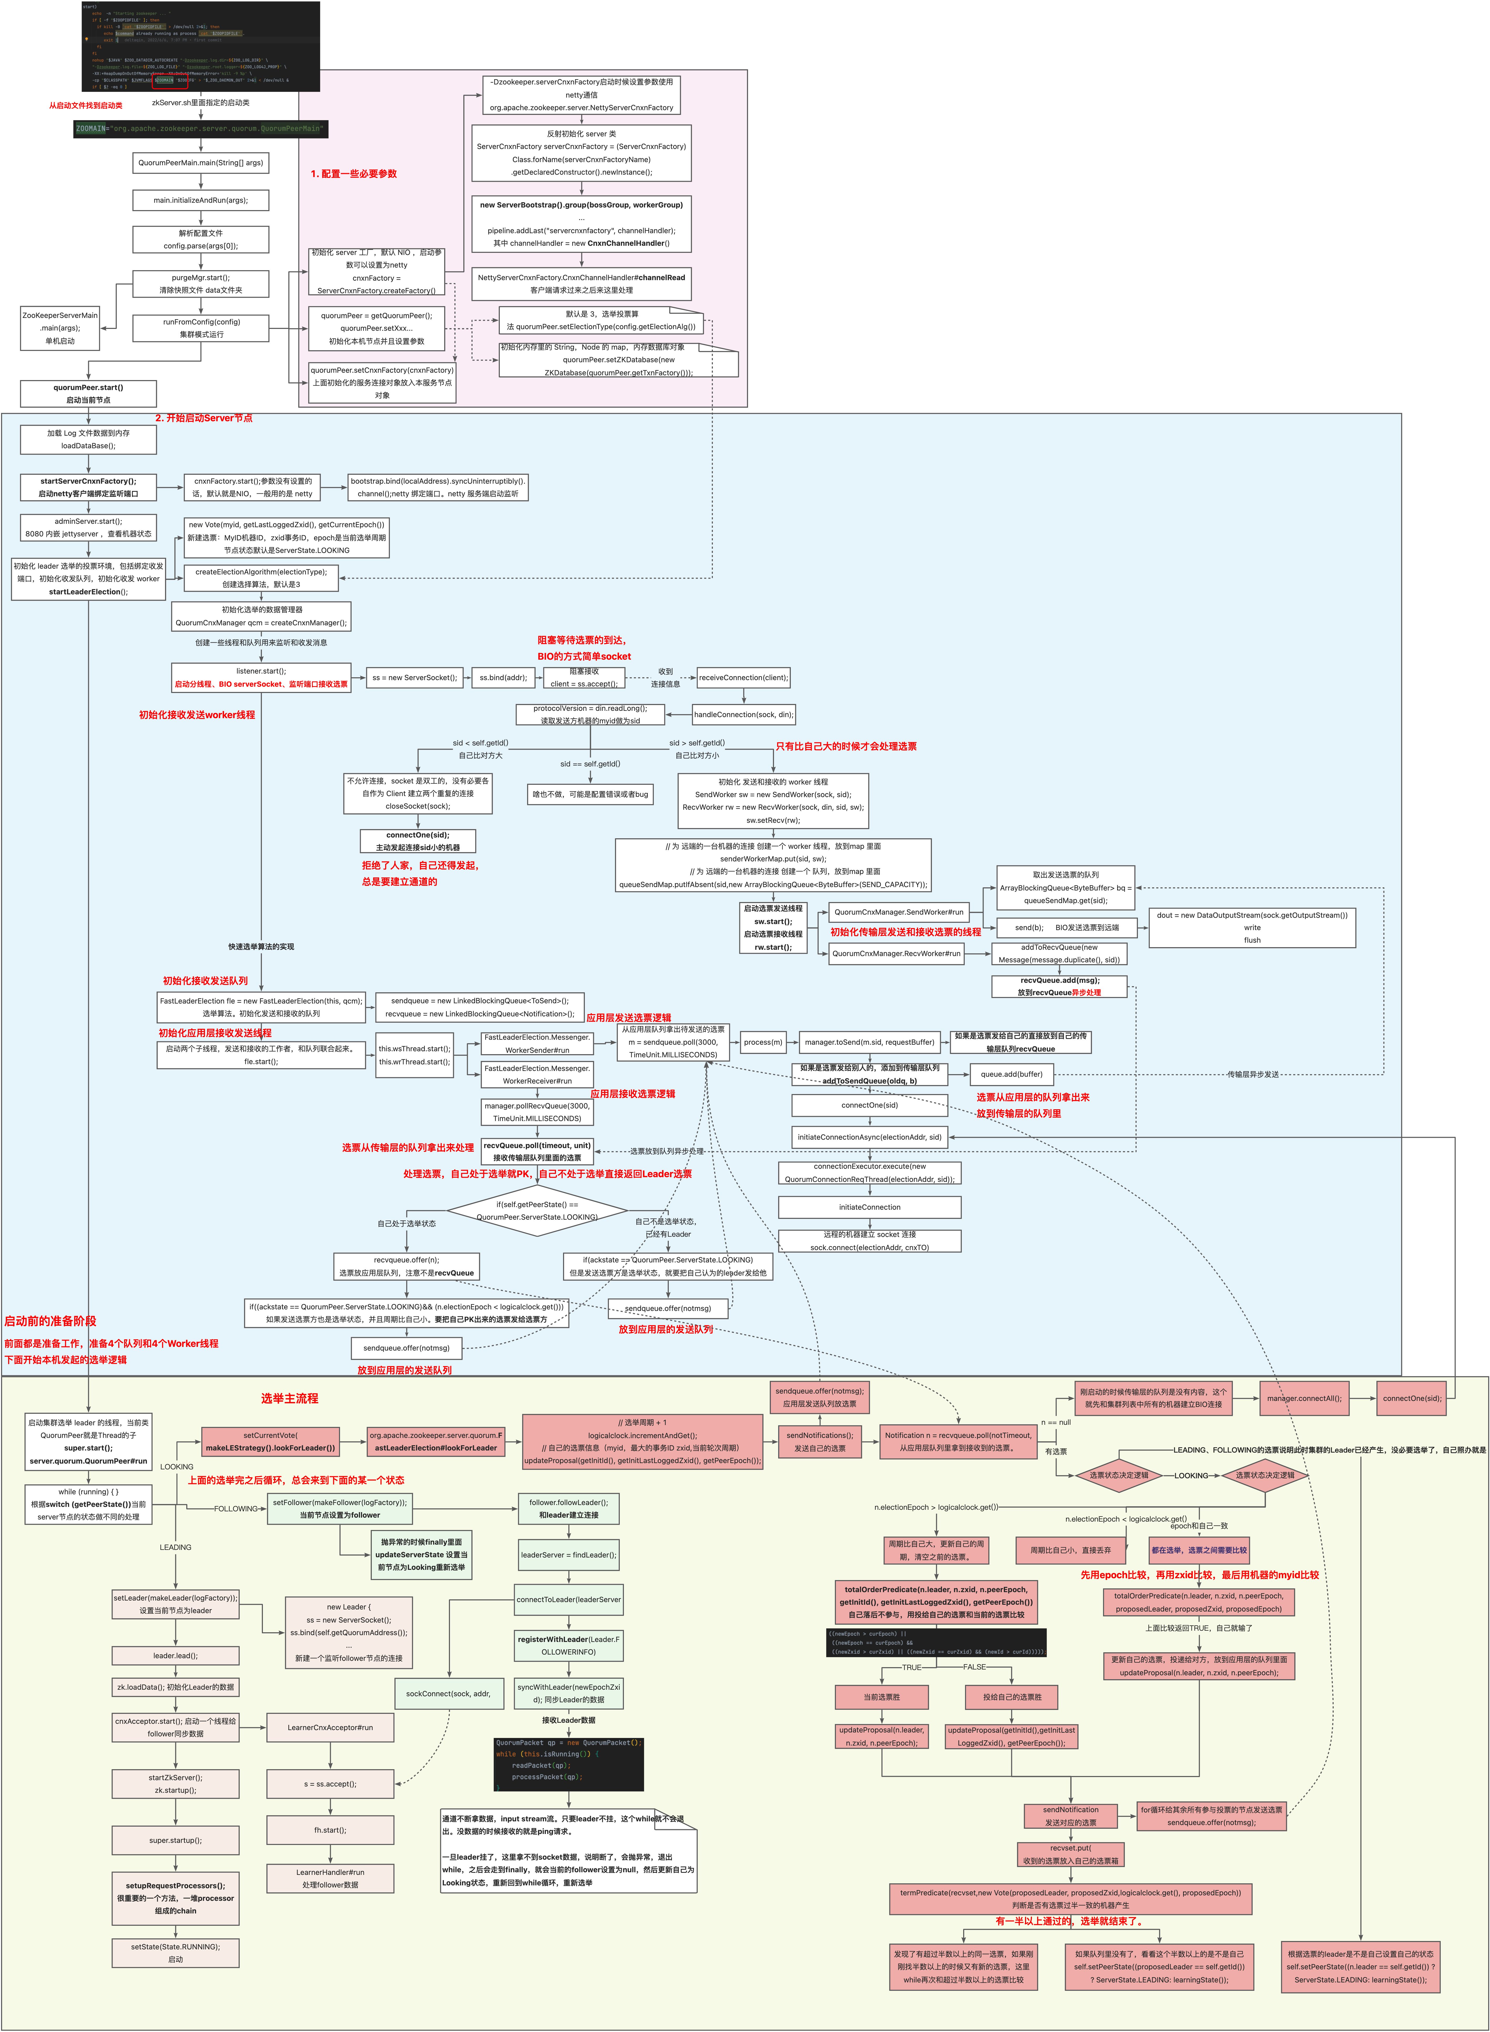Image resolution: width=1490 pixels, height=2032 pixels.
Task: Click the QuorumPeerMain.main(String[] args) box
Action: pyautogui.click(x=200, y=163)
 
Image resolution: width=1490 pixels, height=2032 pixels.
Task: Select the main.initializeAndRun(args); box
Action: pyautogui.click(x=200, y=200)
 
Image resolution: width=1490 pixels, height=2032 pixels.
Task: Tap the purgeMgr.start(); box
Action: pyautogui.click(x=200, y=284)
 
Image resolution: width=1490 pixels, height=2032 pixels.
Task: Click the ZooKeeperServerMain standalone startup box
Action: pyautogui.click(x=60, y=328)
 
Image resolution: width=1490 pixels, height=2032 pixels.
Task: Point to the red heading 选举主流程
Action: pyautogui.click(x=289, y=1398)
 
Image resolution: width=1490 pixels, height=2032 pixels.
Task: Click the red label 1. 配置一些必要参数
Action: pyautogui.click(x=354, y=174)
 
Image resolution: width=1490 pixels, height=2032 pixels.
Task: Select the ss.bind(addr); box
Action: pyautogui.click(x=502, y=677)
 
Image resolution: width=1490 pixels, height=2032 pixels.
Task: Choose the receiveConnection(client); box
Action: pyautogui.click(x=743, y=677)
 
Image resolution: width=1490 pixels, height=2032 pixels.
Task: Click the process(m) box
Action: pyautogui.click(x=762, y=1042)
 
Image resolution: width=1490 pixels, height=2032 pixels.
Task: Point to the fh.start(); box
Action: pyautogui.click(x=330, y=1830)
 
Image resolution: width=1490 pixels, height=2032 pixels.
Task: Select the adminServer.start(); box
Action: pyautogui.click(x=88, y=527)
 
